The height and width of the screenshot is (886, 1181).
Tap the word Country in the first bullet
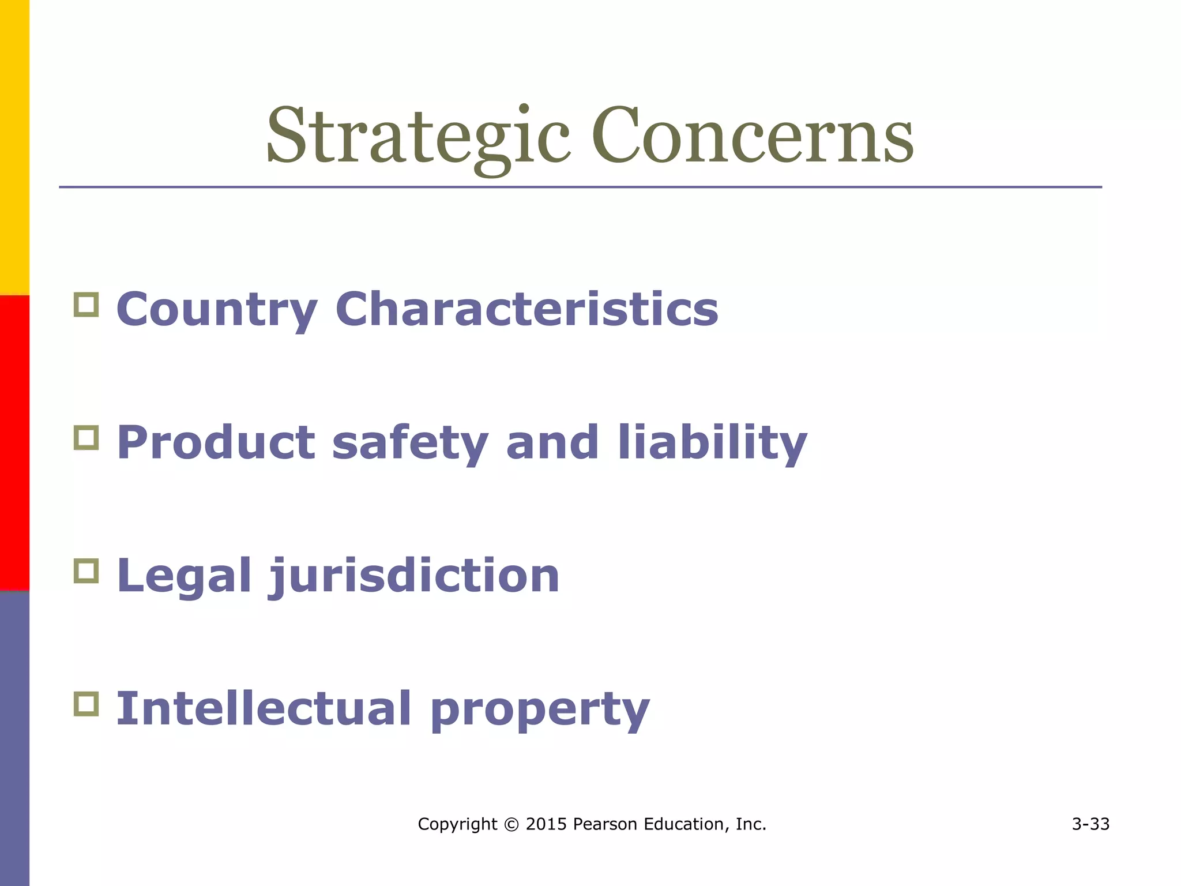tap(217, 310)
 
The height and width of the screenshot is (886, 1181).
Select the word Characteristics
tap(526, 309)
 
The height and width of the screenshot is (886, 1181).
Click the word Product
tap(216, 442)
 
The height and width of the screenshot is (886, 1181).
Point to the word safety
tap(410, 443)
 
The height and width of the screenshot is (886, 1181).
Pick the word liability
tap(712, 443)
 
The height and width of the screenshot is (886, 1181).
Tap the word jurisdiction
tap(415, 576)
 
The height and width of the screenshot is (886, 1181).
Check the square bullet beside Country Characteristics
tap(86, 305)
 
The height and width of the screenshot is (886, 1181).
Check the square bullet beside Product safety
tap(86, 438)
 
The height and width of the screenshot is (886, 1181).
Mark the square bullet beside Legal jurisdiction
tap(86, 571)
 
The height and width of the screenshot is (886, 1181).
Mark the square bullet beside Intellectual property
tap(86, 704)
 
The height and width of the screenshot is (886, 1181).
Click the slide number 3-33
tap(1090, 824)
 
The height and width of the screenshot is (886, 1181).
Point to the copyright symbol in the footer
tap(511, 824)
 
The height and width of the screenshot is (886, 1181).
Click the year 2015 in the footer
tap(546, 824)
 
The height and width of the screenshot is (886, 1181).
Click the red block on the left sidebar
tap(14, 442)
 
